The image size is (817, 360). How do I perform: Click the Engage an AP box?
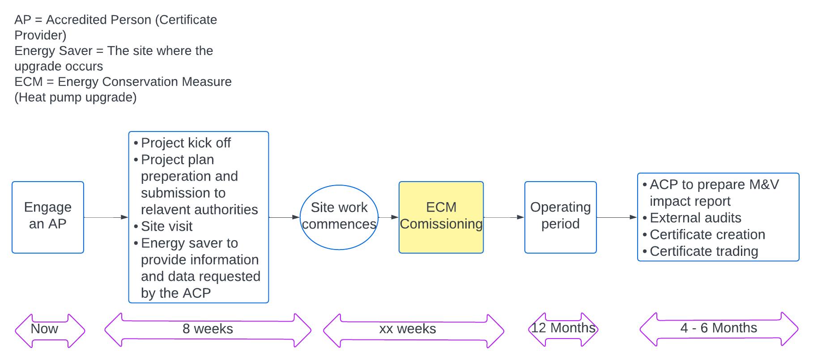[48, 217]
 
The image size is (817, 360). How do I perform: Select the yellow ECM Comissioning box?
[441, 217]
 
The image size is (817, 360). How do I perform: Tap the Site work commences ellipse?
[339, 217]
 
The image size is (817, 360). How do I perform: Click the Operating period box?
[560, 217]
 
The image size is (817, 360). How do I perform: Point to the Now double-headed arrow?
[50, 330]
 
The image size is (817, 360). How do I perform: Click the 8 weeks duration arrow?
[208, 330]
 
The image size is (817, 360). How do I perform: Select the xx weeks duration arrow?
[413, 331]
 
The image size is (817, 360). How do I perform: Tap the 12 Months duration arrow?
[563, 330]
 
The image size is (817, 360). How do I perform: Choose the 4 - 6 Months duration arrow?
[719, 330]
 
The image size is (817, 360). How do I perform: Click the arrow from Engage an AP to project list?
[106, 217]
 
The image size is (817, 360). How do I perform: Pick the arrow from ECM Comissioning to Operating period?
[504, 217]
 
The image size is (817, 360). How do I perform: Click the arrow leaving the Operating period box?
[617, 217]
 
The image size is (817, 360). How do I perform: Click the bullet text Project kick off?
[186, 143]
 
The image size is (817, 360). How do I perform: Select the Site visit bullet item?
[166, 226]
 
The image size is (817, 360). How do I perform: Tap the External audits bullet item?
[695, 218]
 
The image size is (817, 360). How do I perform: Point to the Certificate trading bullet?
[704, 251]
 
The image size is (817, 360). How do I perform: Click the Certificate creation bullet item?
[707, 234]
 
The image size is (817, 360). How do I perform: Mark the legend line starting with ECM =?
[123, 82]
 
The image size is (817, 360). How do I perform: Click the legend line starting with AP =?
[115, 20]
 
